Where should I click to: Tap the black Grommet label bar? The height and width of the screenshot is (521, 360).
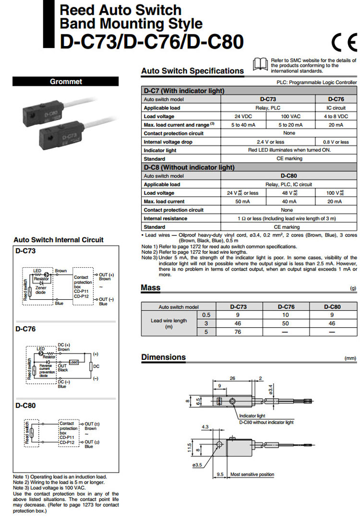pos(66,82)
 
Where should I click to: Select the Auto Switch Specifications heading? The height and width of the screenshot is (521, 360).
pos(192,71)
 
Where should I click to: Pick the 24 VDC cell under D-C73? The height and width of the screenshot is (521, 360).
pos(243,117)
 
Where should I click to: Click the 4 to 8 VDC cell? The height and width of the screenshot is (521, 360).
pos(336,117)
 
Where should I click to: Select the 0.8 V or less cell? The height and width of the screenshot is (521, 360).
pos(336,142)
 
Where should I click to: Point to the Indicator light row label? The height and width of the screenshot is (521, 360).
pos(160,150)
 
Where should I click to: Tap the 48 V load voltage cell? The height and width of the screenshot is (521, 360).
pos(288,193)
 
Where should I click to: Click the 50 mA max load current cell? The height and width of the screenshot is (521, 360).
pos(243,201)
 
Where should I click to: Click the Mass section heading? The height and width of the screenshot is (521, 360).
pos(151,288)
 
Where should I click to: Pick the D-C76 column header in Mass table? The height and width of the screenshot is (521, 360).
pos(286,307)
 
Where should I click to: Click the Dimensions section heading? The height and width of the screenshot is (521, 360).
pos(163,357)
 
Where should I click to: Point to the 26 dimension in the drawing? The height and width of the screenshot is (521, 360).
pos(232,379)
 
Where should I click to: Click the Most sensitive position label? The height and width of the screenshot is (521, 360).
pos(252,474)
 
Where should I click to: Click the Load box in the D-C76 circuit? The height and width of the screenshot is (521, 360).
pos(73,362)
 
